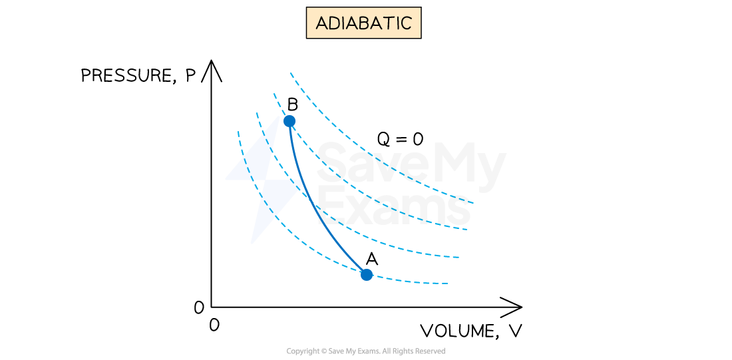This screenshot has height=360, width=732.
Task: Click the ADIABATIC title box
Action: (x=363, y=23)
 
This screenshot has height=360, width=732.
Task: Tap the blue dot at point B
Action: (x=289, y=121)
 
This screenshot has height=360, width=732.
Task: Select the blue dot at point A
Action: (x=367, y=275)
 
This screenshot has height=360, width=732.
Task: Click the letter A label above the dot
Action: (x=372, y=258)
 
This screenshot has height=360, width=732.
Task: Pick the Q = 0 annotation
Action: (x=400, y=138)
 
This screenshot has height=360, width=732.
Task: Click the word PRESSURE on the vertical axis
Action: (x=127, y=76)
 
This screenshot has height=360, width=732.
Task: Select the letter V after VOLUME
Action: (x=515, y=331)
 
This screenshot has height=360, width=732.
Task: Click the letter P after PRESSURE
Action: (x=190, y=75)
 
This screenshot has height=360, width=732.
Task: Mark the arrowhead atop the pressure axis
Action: (x=212, y=69)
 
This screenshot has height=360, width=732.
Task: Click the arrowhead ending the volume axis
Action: (x=512, y=307)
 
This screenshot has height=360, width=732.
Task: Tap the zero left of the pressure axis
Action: (x=199, y=307)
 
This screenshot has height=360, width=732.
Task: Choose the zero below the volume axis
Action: (x=214, y=325)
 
